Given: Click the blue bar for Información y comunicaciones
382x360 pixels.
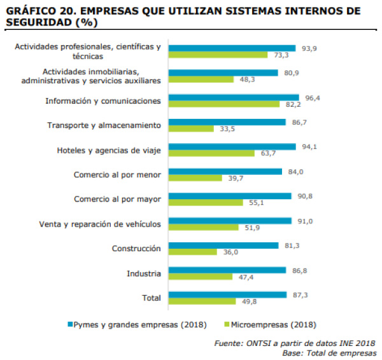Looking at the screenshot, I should [x=232, y=97].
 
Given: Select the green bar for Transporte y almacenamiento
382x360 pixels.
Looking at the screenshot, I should [x=190, y=128].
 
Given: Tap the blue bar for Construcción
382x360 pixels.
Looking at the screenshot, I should [x=222, y=245].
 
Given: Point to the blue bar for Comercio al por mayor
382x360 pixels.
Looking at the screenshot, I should [x=229, y=196].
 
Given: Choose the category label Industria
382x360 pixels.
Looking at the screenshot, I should [x=144, y=273].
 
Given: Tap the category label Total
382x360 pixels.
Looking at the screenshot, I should [x=150, y=298].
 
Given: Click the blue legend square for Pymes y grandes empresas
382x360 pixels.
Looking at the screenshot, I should [x=70, y=324].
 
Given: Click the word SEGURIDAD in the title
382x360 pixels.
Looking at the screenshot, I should [x=37, y=22].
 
